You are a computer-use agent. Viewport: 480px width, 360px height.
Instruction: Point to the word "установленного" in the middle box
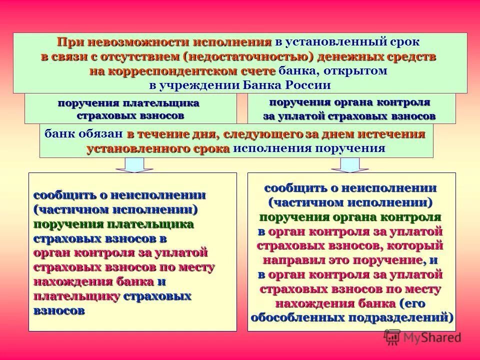pyautogui.click(x=122, y=148)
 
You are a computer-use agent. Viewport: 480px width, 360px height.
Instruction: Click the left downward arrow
pyautogui.click(x=131, y=164)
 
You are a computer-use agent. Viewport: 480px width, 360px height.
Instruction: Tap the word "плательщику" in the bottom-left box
pyautogui.click(x=76, y=296)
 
